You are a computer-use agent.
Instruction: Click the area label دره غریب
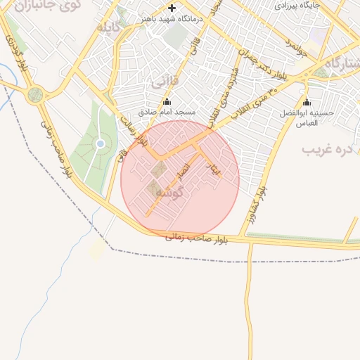point(326,150)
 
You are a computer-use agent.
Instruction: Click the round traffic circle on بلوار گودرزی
point(34,95)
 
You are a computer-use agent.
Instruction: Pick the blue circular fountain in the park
point(101,143)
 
